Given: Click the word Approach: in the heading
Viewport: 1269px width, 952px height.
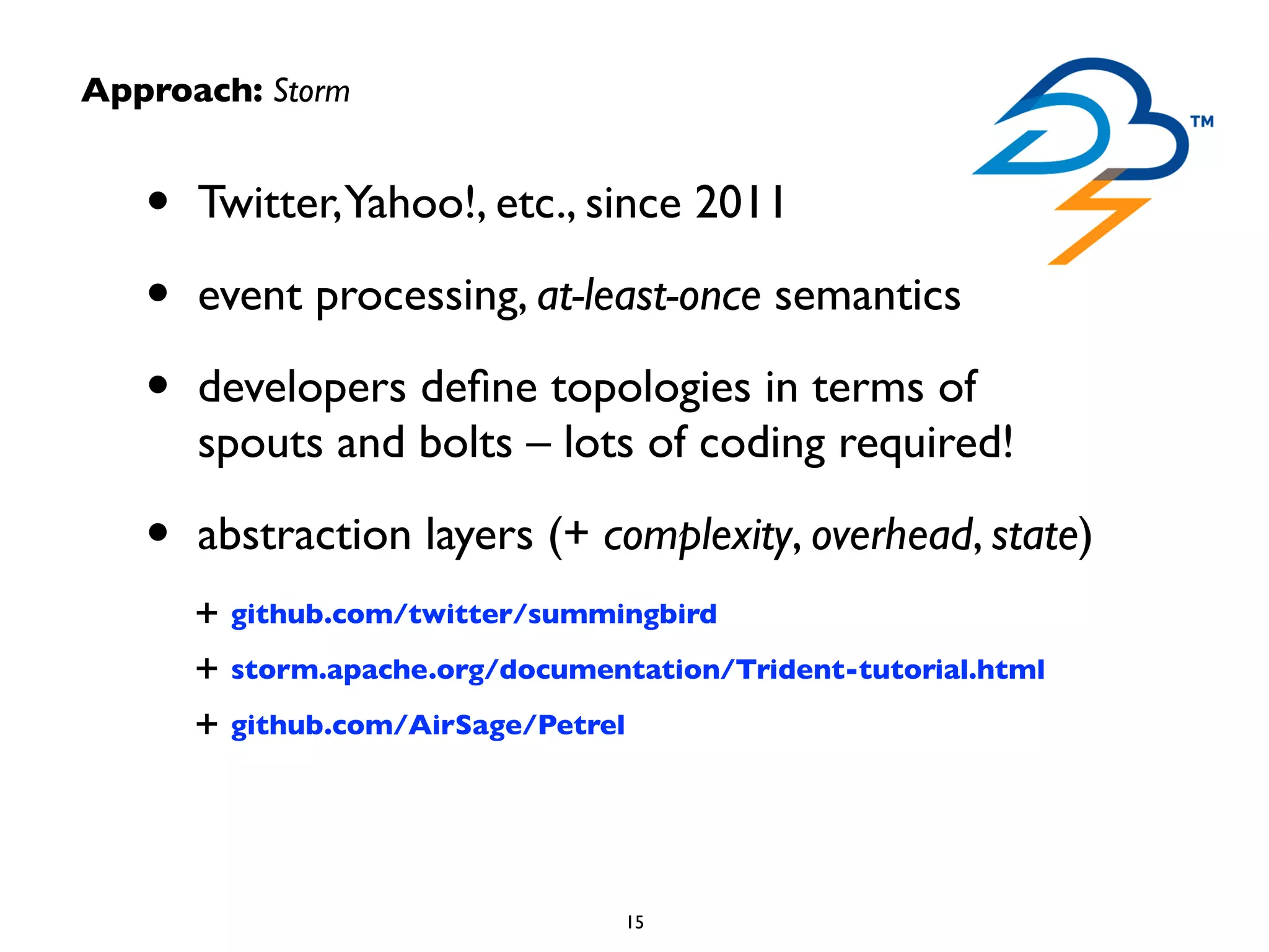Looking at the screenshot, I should [x=172, y=91].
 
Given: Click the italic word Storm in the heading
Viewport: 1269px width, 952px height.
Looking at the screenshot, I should [x=312, y=91].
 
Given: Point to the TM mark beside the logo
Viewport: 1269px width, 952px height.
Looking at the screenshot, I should [x=1202, y=121].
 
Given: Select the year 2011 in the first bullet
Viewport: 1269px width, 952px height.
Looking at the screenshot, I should [x=740, y=203].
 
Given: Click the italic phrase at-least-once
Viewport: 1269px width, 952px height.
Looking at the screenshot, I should [x=648, y=296].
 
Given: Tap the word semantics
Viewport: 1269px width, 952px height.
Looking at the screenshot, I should [x=867, y=296].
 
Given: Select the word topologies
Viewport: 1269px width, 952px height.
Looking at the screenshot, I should [x=651, y=389].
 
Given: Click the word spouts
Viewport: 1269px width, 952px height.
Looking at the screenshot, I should [x=260, y=443].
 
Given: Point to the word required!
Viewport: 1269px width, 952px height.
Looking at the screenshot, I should [x=926, y=443].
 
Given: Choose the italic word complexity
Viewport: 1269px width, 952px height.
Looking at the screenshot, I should [x=697, y=535].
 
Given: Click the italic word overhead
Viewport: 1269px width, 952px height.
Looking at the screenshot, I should [x=891, y=535].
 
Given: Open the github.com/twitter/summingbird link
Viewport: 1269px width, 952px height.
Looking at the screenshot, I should [x=473, y=614].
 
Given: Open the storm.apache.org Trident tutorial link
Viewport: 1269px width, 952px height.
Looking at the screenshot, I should [x=638, y=669].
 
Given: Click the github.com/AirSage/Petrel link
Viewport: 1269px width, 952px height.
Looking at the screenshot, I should [x=428, y=725].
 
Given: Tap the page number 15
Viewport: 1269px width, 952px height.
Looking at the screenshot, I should [x=635, y=922].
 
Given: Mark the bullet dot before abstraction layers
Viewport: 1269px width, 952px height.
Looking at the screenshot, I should [x=159, y=532].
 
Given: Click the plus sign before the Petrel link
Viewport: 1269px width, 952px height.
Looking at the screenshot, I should [x=206, y=723].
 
